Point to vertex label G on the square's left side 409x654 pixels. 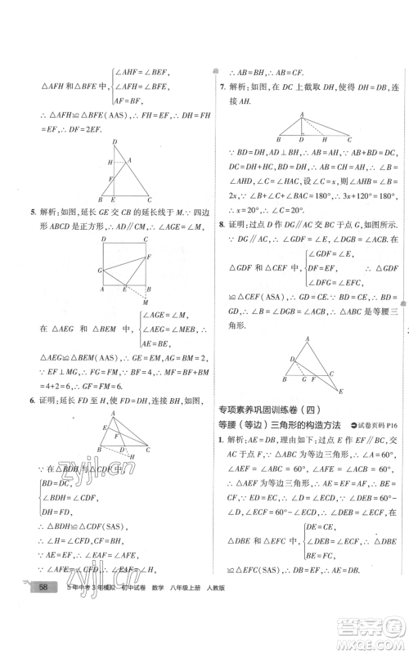[x=99, y=269]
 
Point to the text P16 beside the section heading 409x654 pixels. [x=389, y=425]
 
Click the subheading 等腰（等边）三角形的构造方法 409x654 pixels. [x=276, y=425]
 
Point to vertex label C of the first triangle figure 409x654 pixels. [x=150, y=199]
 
